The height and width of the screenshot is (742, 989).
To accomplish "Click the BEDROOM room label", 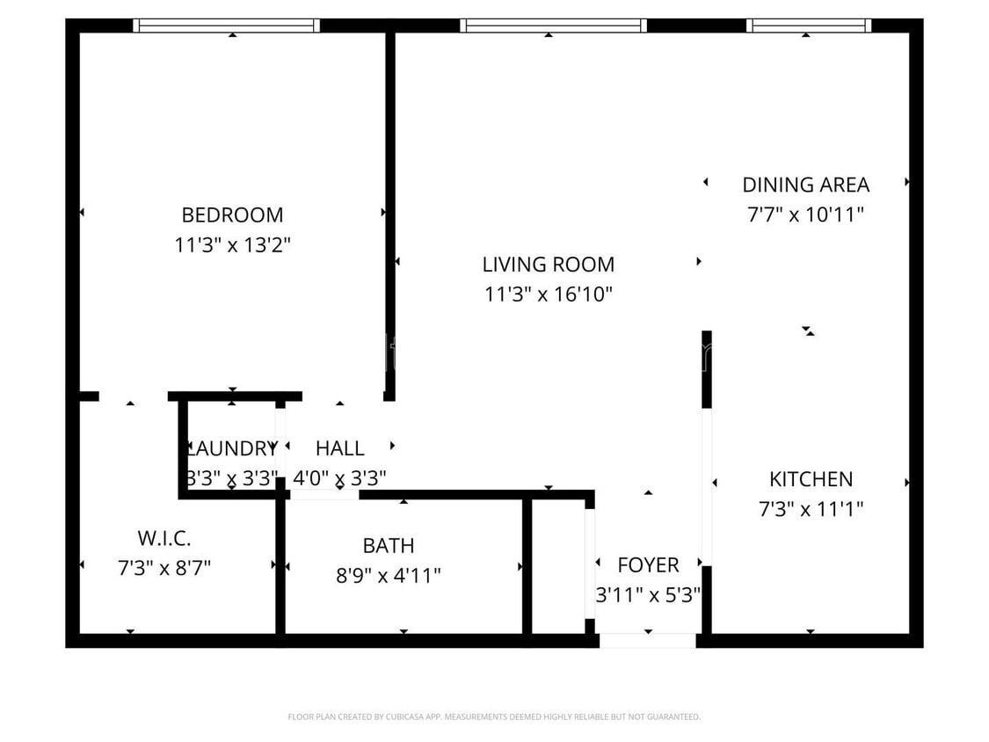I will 232,215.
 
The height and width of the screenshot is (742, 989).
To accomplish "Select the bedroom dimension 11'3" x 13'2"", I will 232,244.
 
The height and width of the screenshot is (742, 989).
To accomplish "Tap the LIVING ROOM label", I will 548,264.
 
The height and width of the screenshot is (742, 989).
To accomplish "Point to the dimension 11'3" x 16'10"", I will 548,294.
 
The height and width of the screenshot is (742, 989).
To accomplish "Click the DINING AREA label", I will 805,185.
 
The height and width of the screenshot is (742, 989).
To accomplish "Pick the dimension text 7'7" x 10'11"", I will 805,215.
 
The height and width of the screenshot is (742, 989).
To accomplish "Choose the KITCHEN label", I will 811,479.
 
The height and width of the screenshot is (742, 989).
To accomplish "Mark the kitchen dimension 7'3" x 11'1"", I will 811,508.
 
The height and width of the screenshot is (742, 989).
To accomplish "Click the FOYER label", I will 648,564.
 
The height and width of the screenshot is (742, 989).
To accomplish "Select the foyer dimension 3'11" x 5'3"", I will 648,594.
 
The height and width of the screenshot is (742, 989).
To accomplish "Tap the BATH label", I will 388,545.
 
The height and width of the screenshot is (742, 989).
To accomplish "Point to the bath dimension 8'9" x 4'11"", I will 388,575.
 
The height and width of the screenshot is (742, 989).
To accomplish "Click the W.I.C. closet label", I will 164,538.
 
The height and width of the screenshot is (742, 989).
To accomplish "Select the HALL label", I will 339,448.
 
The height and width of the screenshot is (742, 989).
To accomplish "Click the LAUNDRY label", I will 232,448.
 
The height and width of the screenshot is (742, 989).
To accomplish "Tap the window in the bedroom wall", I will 226,25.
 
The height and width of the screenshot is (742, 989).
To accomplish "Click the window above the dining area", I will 808,25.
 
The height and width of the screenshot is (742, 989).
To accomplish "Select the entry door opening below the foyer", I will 648,640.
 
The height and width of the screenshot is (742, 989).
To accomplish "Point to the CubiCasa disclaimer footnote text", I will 494,717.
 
